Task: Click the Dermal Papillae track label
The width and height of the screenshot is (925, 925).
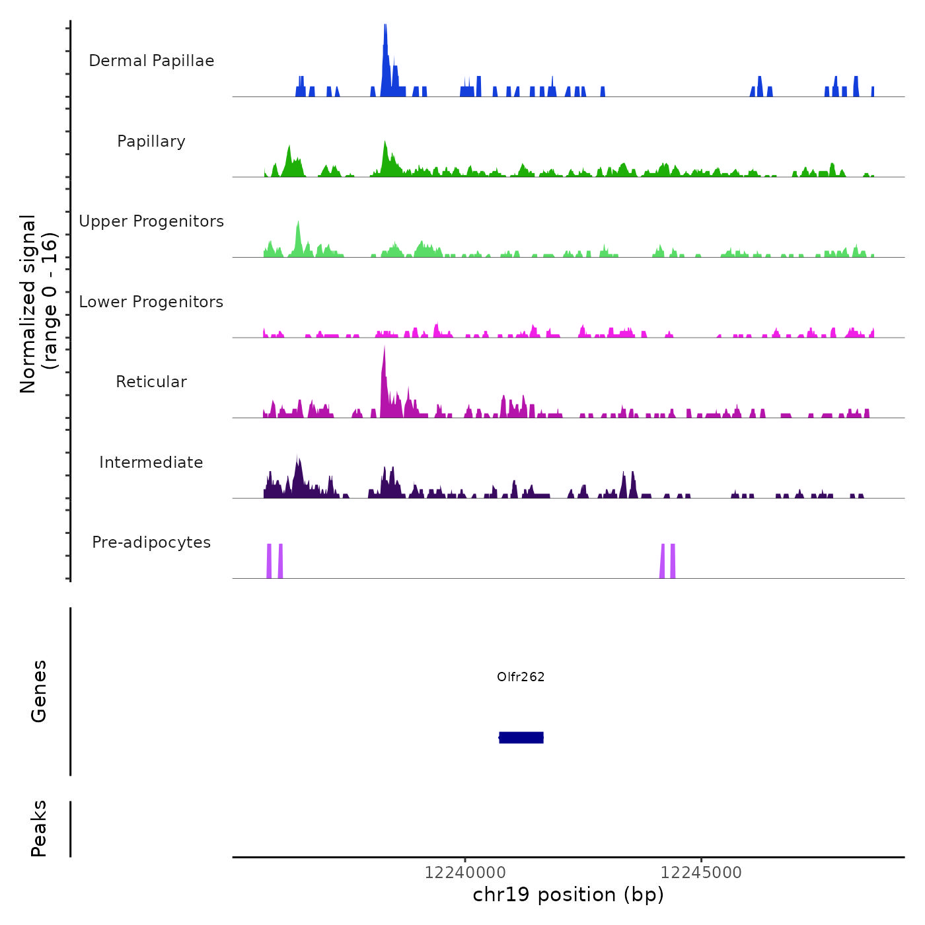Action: click(x=151, y=61)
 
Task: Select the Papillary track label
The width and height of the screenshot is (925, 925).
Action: click(x=151, y=141)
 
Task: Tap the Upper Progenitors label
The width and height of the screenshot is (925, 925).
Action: click(x=151, y=221)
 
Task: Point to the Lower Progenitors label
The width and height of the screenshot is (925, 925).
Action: click(x=151, y=302)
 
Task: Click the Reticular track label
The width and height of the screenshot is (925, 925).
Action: click(x=151, y=382)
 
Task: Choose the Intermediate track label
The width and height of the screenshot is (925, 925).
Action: click(x=151, y=462)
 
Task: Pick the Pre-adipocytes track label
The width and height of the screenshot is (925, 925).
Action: click(x=151, y=542)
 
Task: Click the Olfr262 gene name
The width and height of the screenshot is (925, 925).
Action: click(x=521, y=677)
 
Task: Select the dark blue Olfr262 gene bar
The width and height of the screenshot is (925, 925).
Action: click(x=521, y=737)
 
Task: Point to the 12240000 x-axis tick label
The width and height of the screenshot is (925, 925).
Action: click(x=464, y=873)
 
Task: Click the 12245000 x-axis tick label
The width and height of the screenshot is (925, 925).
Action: click(x=701, y=873)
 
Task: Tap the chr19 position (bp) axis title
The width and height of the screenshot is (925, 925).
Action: click(x=568, y=895)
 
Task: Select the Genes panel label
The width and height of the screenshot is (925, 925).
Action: click(x=39, y=691)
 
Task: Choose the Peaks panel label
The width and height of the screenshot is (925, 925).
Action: click(x=39, y=829)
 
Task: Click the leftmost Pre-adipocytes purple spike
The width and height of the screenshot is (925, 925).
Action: click(x=269, y=562)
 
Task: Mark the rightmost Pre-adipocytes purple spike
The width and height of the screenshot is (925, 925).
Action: click(x=673, y=562)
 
